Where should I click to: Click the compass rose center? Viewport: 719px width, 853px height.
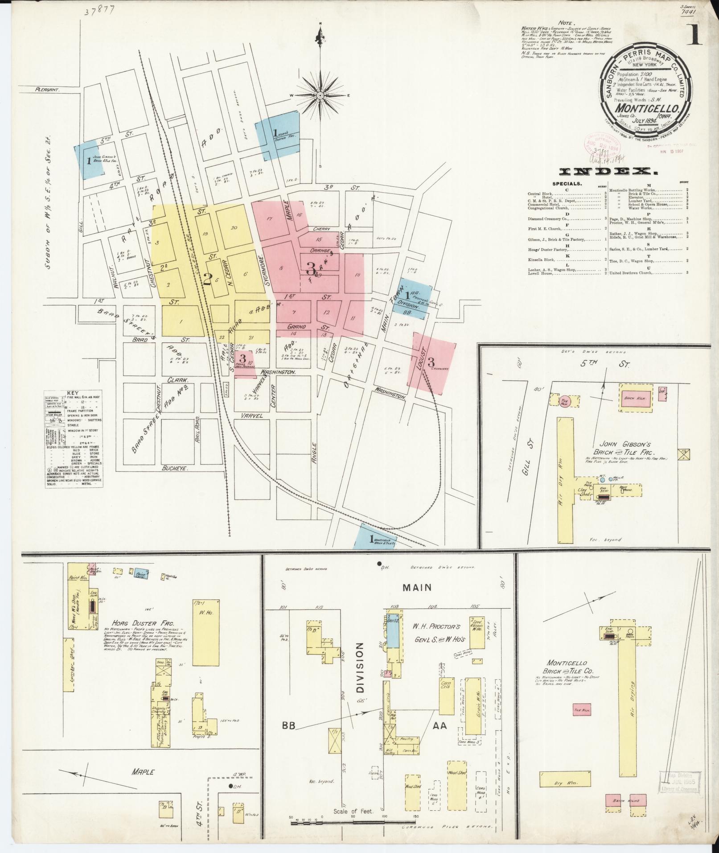pyautogui.click(x=320, y=96)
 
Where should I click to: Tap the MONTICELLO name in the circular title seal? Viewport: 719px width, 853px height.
pyautogui.click(x=647, y=108)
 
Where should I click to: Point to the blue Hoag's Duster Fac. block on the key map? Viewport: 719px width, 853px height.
pyautogui.click(x=277, y=135)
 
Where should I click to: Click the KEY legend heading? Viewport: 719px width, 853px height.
pyautogui.click(x=72, y=393)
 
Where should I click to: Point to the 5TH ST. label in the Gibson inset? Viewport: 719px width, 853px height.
pyautogui.click(x=617, y=364)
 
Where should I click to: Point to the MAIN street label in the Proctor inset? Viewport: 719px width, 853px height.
pyautogui.click(x=417, y=587)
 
